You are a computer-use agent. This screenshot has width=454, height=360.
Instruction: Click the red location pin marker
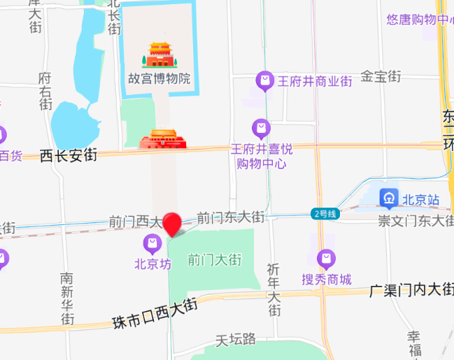172,222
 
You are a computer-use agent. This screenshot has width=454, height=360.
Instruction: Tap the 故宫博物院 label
159,78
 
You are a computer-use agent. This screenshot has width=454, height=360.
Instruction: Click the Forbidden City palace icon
159,54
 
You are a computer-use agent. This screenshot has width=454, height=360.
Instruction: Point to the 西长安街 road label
68,155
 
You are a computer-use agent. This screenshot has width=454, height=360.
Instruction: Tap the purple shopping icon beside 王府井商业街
264,81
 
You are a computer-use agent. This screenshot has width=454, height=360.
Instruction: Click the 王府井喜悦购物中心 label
262,157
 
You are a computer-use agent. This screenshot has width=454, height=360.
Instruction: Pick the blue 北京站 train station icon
389,199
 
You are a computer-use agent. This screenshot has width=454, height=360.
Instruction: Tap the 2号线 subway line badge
325,214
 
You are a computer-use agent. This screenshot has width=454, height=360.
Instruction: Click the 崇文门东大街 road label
416,221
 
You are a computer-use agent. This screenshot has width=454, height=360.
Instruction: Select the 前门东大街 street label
231,218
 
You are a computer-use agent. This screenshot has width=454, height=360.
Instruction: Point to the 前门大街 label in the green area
215,260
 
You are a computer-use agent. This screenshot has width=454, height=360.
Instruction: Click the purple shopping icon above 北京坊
152,245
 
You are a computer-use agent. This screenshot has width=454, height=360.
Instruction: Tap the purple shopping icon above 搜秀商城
326,259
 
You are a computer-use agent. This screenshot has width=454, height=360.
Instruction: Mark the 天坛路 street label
235,340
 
